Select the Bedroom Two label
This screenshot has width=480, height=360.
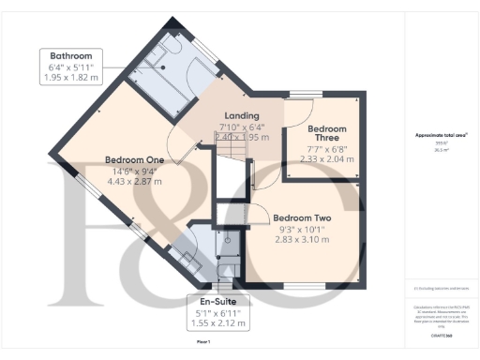click(x=305, y=214)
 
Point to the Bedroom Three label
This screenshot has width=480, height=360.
click(x=327, y=134)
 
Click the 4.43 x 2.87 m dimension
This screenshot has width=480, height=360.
click(x=134, y=182)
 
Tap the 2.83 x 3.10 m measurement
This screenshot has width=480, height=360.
click(x=306, y=238)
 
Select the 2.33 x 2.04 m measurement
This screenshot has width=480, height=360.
click(x=328, y=159)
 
